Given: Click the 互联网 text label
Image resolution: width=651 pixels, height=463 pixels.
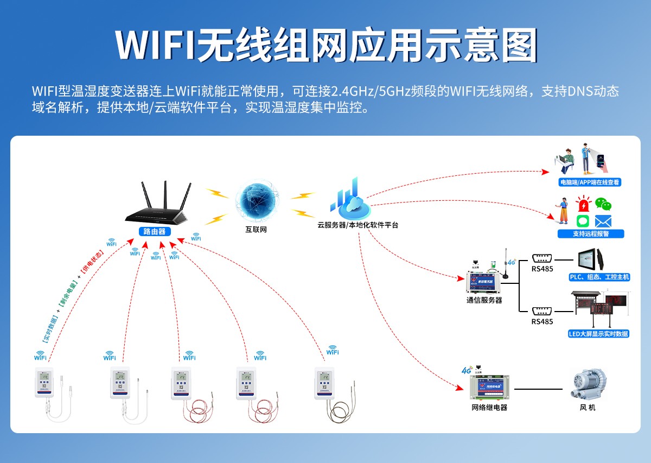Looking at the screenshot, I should [x=256, y=230].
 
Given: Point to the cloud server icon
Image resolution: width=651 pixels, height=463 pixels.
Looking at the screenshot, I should [x=350, y=201].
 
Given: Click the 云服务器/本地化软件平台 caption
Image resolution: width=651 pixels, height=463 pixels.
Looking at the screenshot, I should [x=358, y=225].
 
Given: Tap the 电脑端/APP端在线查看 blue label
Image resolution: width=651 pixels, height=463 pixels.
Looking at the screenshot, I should [x=590, y=182].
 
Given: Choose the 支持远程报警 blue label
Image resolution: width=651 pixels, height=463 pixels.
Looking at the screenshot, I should [x=591, y=234].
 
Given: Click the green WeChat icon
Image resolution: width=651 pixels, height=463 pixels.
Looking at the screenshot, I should [x=603, y=204].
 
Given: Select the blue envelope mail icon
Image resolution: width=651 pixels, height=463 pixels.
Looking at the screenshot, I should [x=603, y=221].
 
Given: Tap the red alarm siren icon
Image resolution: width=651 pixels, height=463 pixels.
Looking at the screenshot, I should [x=583, y=205].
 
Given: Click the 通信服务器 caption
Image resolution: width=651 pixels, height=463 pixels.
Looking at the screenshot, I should [x=484, y=300].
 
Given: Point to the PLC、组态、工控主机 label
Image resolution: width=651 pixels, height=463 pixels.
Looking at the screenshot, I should [x=599, y=277].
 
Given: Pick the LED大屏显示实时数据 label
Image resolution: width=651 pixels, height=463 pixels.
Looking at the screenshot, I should [x=598, y=334].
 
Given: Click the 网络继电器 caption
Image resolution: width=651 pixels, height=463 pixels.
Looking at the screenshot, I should [x=490, y=408].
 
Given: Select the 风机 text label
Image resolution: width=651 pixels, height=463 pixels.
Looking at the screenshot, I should [x=588, y=407].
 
